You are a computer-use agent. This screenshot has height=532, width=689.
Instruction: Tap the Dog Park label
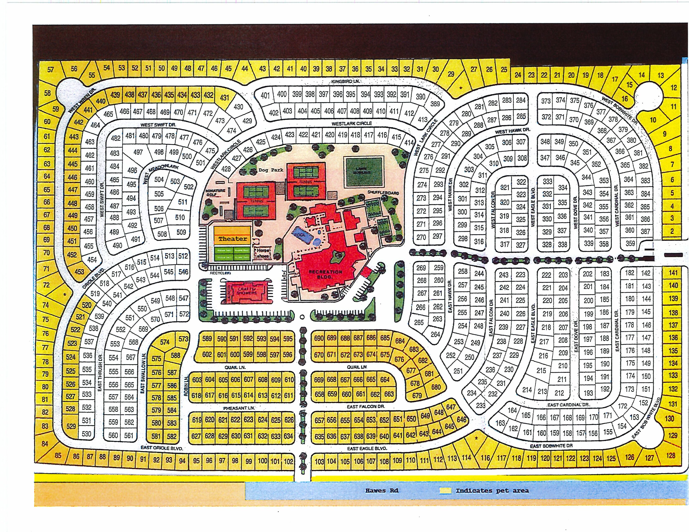click(x=271, y=170)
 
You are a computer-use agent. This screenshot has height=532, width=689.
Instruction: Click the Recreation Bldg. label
click(x=325, y=274)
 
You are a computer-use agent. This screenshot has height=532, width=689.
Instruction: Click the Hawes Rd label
click(x=382, y=490)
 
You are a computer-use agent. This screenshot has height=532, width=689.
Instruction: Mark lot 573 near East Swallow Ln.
click(x=183, y=339)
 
